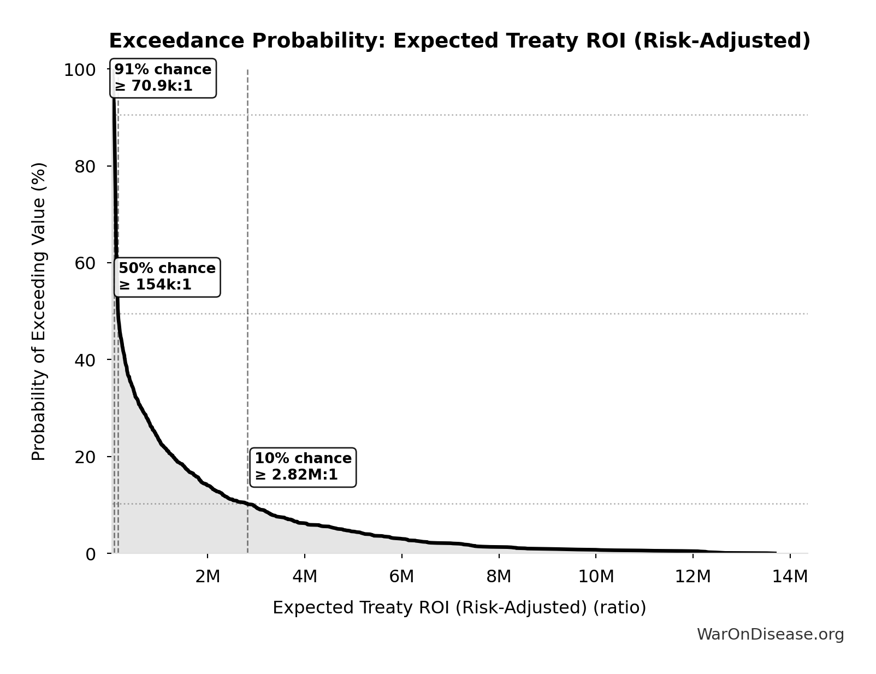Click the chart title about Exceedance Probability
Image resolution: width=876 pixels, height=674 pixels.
(x=459, y=41)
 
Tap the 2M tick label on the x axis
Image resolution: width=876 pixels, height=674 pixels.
(x=208, y=576)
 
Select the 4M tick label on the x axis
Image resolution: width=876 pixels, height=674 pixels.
(x=305, y=576)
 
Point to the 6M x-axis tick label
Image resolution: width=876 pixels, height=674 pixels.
(x=402, y=576)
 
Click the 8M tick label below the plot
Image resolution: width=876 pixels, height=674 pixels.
(x=499, y=576)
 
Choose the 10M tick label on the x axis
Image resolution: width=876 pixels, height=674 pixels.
(x=596, y=576)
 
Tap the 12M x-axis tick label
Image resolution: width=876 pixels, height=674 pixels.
(x=693, y=576)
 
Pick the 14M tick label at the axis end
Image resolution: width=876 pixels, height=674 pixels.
(x=790, y=576)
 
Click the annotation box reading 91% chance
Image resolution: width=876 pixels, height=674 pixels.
(x=163, y=78)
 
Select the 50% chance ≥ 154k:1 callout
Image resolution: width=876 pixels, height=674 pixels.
(x=167, y=277)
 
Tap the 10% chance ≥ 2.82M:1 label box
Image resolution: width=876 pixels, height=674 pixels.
(x=303, y=467)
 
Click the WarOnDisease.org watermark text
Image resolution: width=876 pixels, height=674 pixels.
(x=770, y=634)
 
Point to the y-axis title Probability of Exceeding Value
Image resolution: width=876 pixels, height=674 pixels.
(x=39, y=311)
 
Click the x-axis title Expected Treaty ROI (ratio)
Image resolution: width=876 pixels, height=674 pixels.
(x=459, y=607)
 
